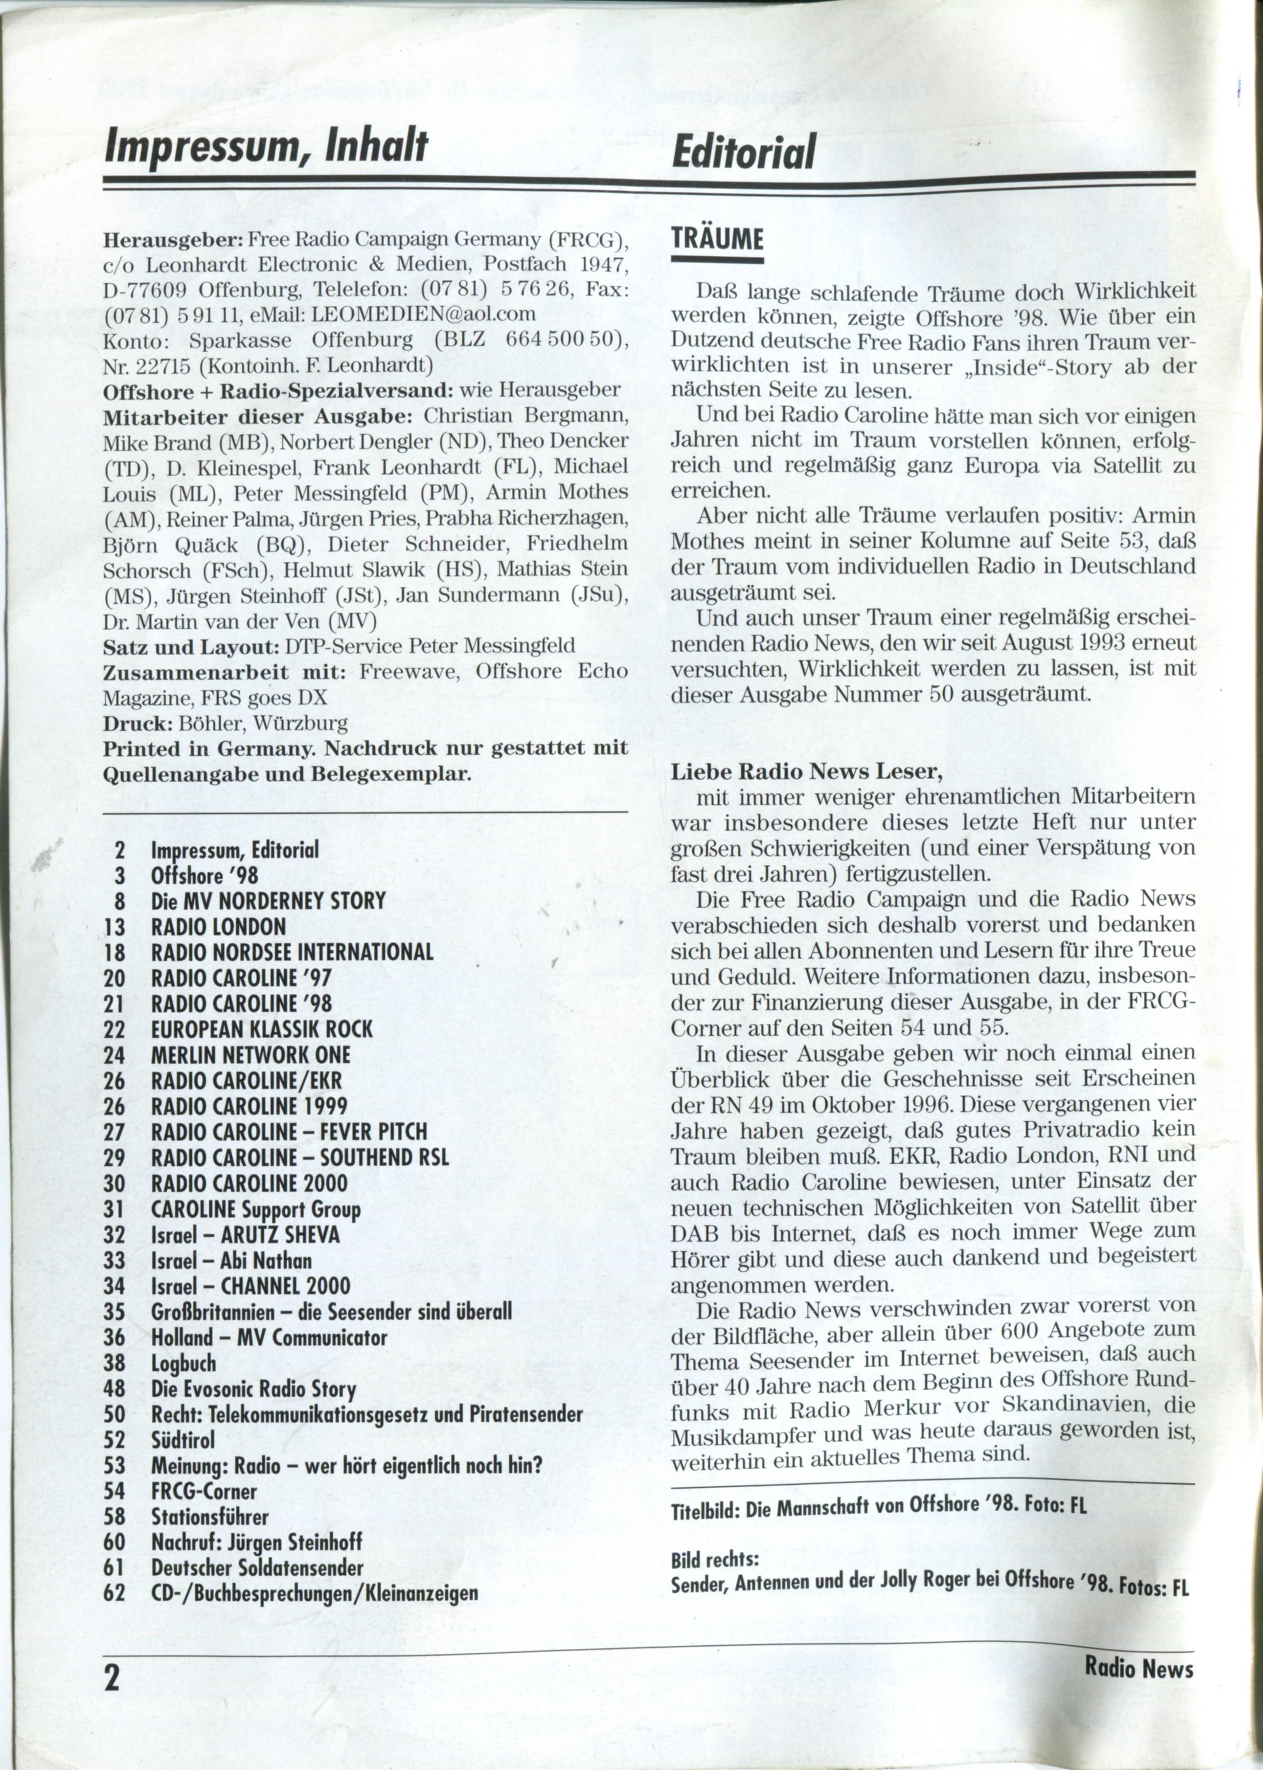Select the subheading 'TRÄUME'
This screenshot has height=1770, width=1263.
pyautogui.click(x=716, y=239)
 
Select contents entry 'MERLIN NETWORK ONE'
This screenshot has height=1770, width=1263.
pyautogui.click(x=250, y=1055)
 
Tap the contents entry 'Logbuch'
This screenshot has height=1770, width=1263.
pyautogui.click(x=184, y=1363)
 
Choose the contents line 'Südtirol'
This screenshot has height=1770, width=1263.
pyautogui.click(x=183, y=1440)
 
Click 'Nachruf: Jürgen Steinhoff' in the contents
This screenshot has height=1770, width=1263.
pyautogui.click(x=256, y=1542)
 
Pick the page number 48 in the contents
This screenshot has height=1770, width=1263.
pyautogui.click(x=114, y=1389)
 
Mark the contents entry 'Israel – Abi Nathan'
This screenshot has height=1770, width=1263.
pyautogui.click(x=231, y=1261)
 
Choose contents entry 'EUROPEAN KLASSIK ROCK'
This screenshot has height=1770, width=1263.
pyautogui.click(x=262, y=1030)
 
